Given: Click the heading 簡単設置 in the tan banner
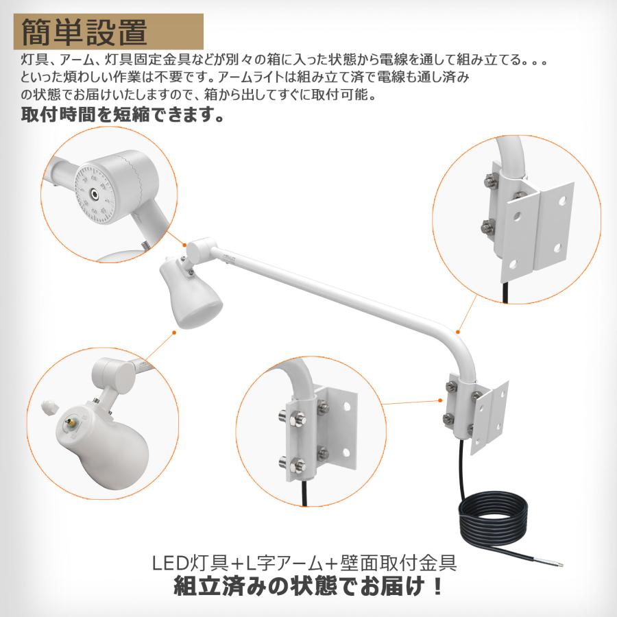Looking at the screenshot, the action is pyautogui.click(x=84, y=32).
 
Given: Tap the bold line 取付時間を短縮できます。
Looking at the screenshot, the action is pyautogui.click(x=123, y=114).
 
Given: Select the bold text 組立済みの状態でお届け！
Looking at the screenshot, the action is pyautogui.click(x=308, y=586).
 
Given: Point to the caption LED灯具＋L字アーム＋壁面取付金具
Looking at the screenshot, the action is pyautogui.click(x=304, y=563).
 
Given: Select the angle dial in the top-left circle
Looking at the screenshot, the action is pyautogui.click(x=94, y=193).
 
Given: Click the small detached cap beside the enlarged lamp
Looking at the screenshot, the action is pyautogui.click(x=49, y=407).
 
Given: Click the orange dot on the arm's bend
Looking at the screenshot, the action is pyautogui.click(x=458, y=332).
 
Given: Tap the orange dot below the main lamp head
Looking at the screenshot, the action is pyautogui.click(x=174, y=332).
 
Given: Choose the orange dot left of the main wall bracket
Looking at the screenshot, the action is pyautogui.click(x=440, y=400).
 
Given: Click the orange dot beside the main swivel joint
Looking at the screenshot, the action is pyautogui.click(x=184, y=245).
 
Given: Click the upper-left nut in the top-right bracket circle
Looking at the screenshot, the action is pyautogui.click(x=490, y=180).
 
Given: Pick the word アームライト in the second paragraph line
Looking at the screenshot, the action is pyautogui.click(x=251, y=77).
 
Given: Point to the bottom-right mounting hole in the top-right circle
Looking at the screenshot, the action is pyautogui.click(x=557, y=248).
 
